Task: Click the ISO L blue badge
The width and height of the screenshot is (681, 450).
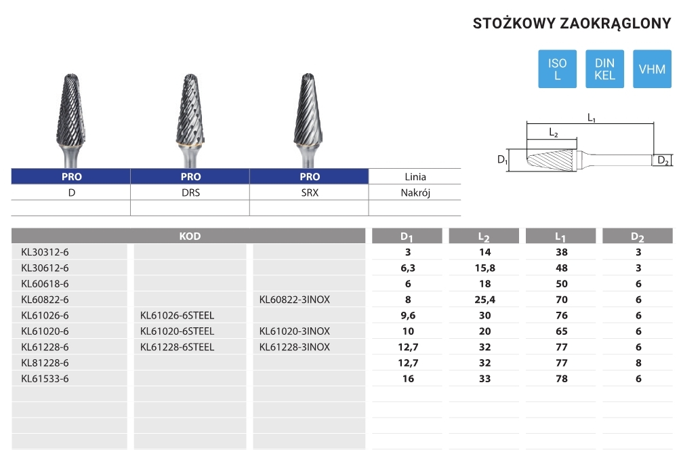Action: pyautogui.click(x=557, y=69)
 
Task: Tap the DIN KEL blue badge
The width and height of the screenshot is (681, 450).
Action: pyautogui.click(x=604, y=69)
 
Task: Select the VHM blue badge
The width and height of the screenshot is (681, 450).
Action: pyautogui.click(x=652, y=69)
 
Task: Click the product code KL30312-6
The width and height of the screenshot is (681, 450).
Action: pyautogui.click(x=45, y=252)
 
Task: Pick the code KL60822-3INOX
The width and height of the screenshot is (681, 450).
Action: pyautogui.click(x=295, y=300)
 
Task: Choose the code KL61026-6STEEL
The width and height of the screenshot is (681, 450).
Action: pyautogui.click(x=178, y=315)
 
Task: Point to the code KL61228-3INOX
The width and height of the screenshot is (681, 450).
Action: pyautogui.click(x=295, y=347)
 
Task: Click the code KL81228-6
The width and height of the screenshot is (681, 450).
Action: pyautogui.click(x=45, y=363)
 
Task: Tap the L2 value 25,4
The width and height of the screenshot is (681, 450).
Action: pyautogui.click(x=484, y=300)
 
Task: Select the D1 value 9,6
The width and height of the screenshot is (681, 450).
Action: pyautogui.click(x=408, y=315)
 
